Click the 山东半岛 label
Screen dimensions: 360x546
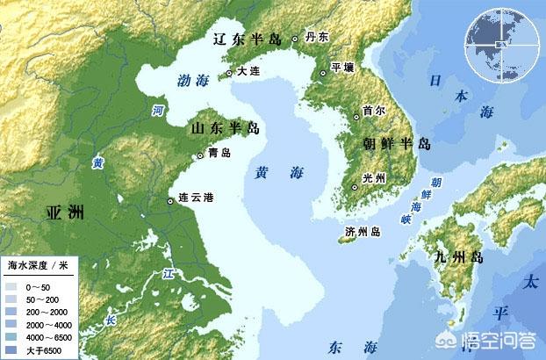click(x=226, y=129)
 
